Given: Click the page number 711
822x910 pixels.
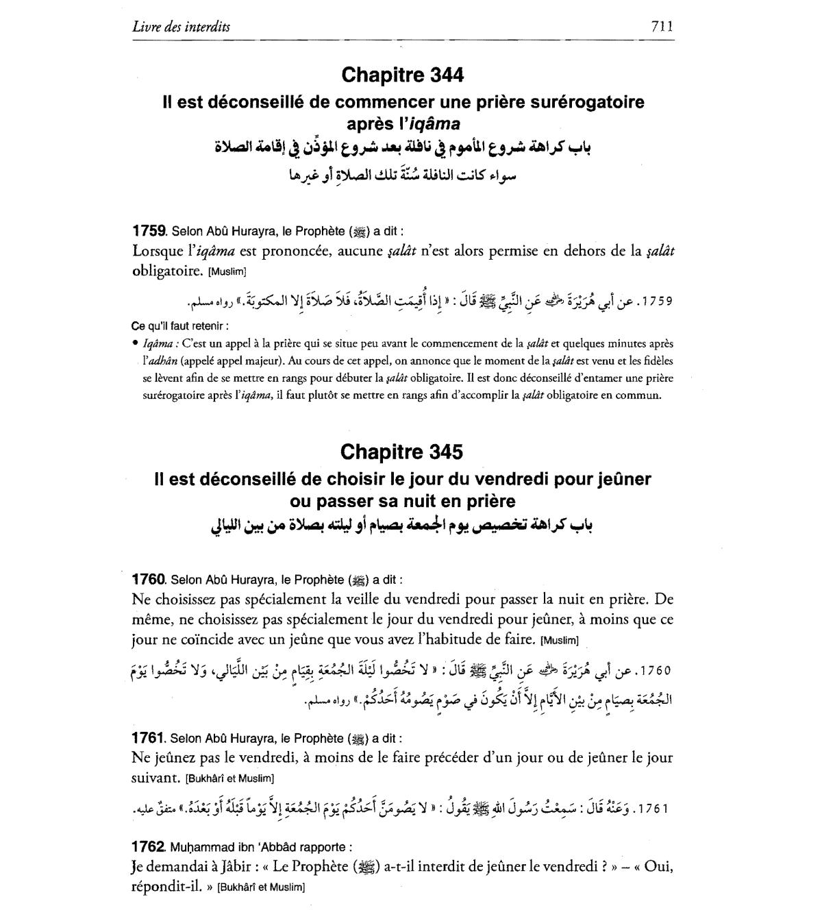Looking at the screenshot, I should tap(662, 27).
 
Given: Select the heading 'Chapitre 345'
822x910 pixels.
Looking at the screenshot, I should tap(402, 452).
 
